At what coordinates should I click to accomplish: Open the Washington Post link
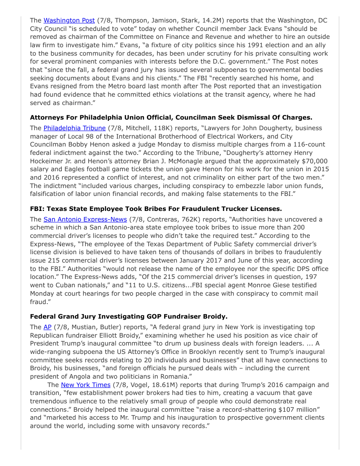pyautogui.click(x=69, y=20)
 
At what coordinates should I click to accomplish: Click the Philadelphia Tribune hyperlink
pyautogui.click(x=75, y=128)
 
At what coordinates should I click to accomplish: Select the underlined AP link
pyautogui.click(x=48, y=327)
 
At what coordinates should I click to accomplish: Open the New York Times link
pyautogui.click(x=86, y=385)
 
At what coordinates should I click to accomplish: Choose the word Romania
pyautogui.click(x=176, y=376)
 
